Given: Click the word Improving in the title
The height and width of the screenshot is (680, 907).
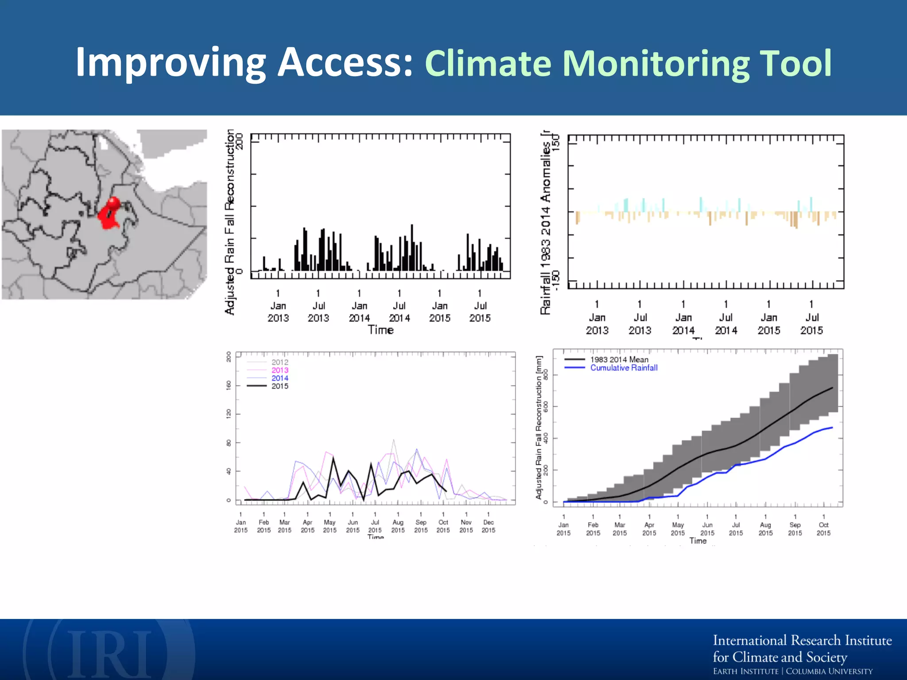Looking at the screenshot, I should pos(170,63).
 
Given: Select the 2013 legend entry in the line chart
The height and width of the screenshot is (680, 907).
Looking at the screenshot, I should pos(279,370).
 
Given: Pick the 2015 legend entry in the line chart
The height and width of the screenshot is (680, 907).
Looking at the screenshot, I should pos(279,386).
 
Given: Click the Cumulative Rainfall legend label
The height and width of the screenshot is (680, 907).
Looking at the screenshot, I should pos(624,368).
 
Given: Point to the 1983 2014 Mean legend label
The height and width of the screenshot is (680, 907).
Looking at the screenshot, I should pos(619,359).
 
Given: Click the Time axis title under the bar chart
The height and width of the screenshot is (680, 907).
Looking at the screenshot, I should pos(380,330).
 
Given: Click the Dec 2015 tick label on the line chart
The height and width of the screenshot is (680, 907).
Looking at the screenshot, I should pos(488,526).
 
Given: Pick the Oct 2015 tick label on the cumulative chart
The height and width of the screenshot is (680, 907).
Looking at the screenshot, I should pos(823,529).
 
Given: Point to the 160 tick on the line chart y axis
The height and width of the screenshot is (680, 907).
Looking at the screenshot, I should pos(229,385).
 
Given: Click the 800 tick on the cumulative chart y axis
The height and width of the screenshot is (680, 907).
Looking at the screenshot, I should pos(546,375).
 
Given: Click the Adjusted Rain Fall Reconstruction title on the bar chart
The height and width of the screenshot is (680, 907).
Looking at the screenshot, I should pos(229,221).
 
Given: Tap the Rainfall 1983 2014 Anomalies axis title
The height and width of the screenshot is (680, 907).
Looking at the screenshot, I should pos(546,221).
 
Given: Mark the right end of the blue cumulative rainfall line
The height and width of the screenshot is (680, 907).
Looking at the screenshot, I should pos(832,428).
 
